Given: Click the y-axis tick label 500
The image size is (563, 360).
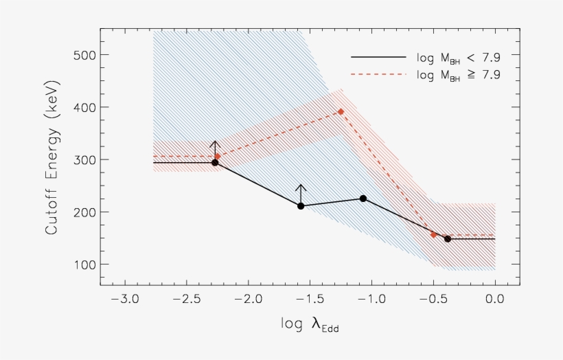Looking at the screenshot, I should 81,55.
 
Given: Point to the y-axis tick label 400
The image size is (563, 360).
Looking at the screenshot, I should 81,107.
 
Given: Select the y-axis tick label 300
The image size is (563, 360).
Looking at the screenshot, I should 81,159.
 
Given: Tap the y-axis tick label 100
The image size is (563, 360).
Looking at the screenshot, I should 81,265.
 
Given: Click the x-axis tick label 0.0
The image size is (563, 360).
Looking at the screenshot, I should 494,300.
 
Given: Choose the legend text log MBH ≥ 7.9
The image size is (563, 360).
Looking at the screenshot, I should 458,74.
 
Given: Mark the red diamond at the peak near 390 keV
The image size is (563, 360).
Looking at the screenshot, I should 341,111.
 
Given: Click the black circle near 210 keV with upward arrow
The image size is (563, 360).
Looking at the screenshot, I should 301,206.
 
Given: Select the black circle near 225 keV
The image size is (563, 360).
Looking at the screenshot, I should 363,199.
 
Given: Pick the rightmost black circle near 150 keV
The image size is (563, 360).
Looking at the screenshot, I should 448,239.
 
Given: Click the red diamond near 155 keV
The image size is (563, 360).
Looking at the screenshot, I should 434,234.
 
